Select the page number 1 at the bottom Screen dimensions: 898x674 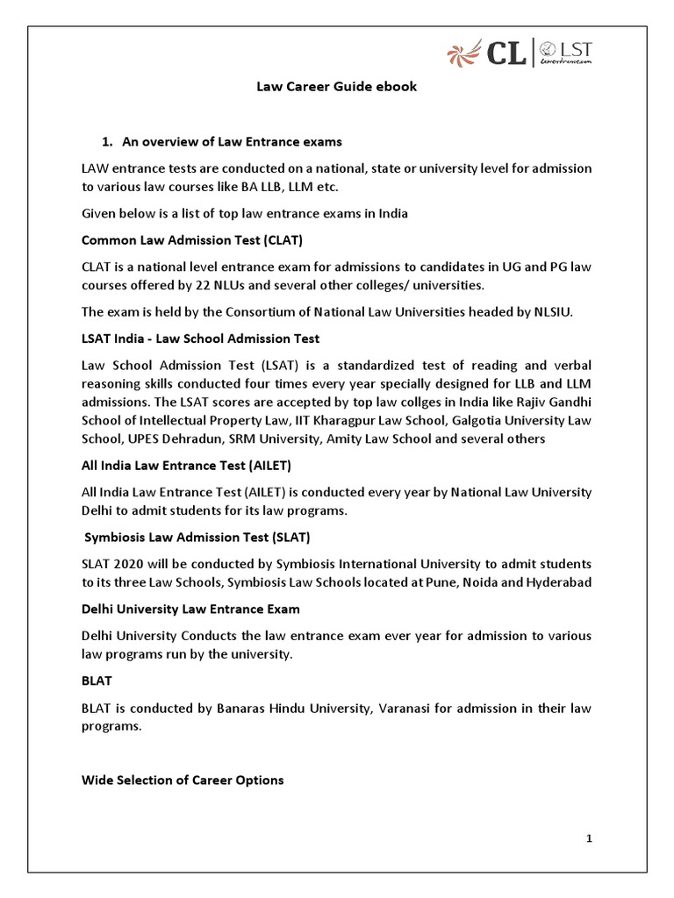click(x=590, y=839)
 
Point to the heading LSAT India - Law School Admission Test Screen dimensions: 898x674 click(x=200, y=338)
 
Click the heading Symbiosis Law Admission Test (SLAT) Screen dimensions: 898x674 click(x=197, y=536)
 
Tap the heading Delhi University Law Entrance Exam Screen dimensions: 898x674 click(x=190, y=609)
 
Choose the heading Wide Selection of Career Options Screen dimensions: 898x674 click(x=183, y=780)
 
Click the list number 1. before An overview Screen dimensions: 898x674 click(x=109, y=141)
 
